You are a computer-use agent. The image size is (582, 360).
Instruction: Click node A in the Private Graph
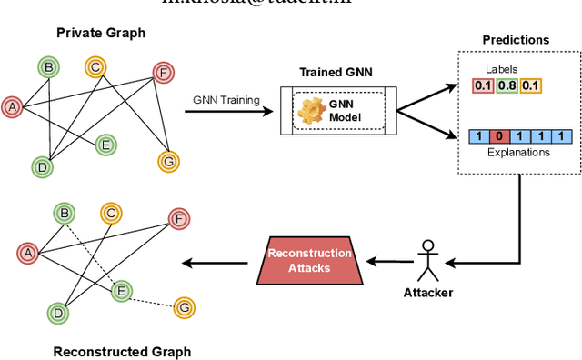click(x=13, y=106)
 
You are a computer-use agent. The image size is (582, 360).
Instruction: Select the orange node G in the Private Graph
click(x=167, y=161)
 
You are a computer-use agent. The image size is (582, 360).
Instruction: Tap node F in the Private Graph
click(x=164, y=74)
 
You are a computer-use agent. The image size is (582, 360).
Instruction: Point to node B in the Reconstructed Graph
click(x=65, y=215)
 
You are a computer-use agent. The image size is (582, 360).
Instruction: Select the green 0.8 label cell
click(x=506, y=86)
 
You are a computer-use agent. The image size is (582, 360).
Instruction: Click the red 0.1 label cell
click(x=483, y=86)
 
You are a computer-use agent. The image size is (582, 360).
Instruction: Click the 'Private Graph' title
click(x=101, y=33)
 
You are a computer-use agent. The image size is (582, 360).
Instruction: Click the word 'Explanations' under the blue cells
click(x=518, y=152)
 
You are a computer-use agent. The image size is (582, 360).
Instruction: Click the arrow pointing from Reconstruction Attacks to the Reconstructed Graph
click(x=215, y=264)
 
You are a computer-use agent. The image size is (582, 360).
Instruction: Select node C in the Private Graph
click(x=94, y=66)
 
